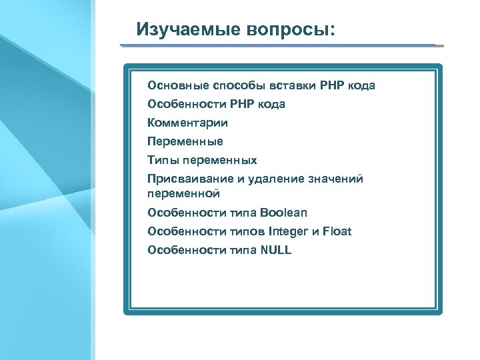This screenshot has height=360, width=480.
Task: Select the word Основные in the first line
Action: pyautogui.click(x=178, y=85)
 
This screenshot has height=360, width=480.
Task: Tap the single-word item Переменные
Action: pyautogui.click(x=185, y=141)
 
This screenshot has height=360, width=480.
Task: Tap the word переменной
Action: pyautogui.click(x=183, y=194)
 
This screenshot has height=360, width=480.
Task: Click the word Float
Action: pyautogui.click(x=338, y=231)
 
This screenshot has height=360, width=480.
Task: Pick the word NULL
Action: pyautogui.click(x=276, y=250)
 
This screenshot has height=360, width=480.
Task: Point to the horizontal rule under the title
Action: pyautogui.click(x=280, y=45)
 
